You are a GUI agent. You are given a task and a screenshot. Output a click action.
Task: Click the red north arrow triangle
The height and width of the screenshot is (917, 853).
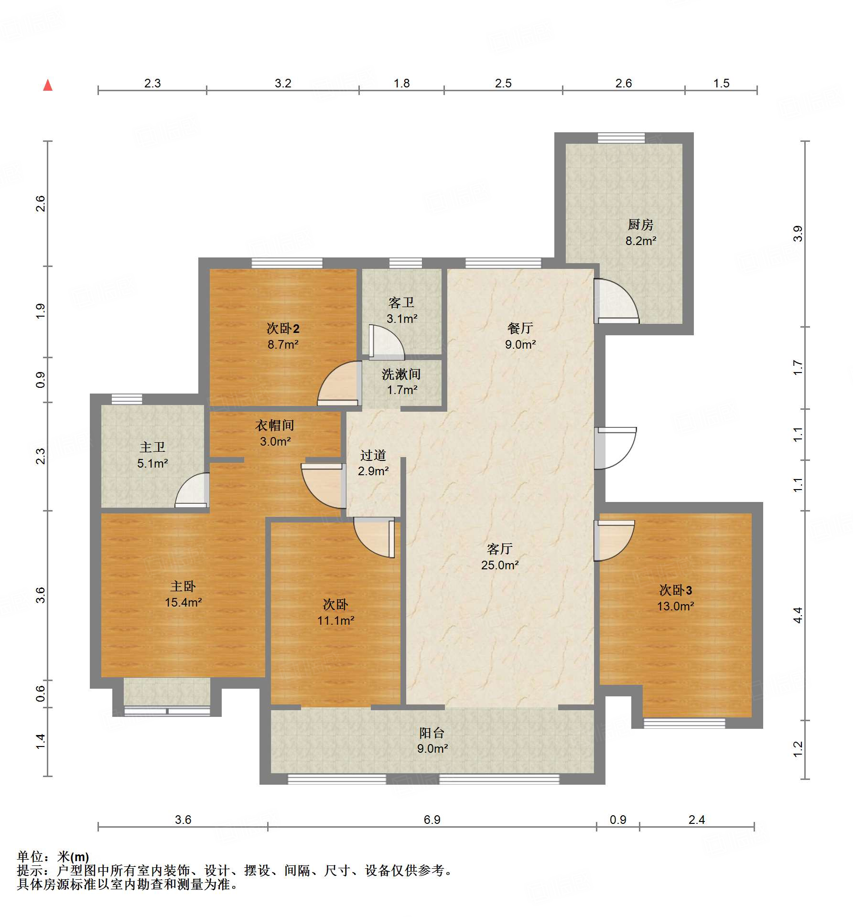coord(48,85)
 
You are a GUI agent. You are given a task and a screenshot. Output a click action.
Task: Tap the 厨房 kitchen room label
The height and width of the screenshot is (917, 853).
coord(640,224)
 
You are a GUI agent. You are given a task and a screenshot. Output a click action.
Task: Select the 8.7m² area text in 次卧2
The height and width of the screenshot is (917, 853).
coord(283,344)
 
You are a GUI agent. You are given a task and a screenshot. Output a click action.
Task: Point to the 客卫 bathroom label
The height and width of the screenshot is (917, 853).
coord(401,302)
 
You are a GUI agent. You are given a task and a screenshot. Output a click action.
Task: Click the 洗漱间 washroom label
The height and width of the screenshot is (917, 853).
coord(401,374)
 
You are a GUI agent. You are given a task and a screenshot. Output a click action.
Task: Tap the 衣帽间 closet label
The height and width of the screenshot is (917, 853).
coord(275,425)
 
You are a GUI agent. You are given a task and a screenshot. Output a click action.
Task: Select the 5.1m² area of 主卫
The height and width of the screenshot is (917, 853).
coord(152,463)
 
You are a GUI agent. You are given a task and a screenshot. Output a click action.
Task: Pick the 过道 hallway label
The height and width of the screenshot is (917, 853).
coord(373,455)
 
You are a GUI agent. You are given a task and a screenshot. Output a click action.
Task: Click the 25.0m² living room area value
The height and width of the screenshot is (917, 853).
coord(500,565)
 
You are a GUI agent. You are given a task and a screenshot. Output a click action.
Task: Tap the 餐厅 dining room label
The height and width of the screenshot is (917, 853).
coord(520,328)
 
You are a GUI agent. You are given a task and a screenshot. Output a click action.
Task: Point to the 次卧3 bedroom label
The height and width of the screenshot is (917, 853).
coord(675,590)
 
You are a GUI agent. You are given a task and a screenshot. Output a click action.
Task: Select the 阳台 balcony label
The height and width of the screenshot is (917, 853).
coord(432,733)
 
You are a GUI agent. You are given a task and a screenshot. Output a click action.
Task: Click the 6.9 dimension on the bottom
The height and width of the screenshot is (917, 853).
coord(432,820)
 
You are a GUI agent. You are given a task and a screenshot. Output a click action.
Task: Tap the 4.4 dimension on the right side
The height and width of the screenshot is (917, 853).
coord(798,615)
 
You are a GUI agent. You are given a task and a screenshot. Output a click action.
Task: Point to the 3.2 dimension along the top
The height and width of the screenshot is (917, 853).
coord(283,83)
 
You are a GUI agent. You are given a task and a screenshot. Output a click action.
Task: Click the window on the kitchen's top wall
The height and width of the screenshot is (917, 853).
coord(621,138)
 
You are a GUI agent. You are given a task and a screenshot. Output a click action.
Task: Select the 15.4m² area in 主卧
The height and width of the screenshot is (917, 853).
coord(183,602)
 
